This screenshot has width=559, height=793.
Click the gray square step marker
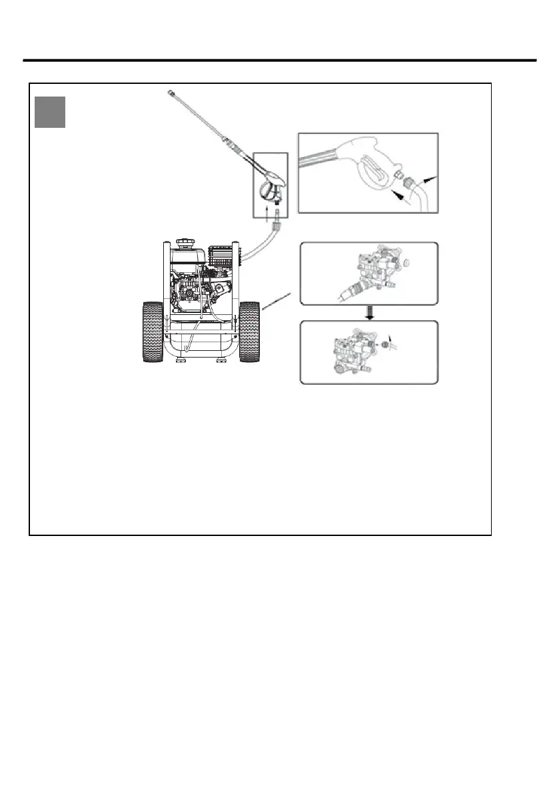point(50,112)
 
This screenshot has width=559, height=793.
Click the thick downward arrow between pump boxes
point(370,312)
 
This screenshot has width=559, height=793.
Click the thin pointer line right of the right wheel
point(279,301)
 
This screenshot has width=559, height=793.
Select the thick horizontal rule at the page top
point(280,61)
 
